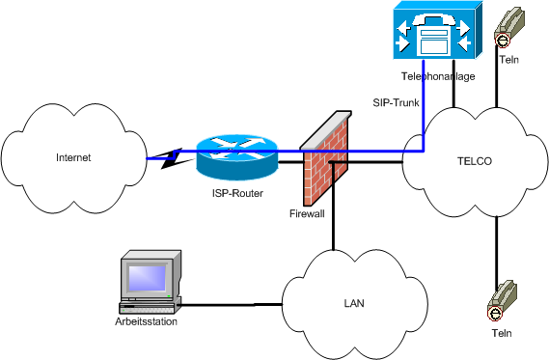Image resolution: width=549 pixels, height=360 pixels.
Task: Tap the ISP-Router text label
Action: point(235,193)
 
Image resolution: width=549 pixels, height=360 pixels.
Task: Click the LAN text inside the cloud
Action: point(354,303)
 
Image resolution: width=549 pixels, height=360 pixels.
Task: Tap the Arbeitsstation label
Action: point(145,321)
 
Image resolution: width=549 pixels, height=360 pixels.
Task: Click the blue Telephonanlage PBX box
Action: point(434,35)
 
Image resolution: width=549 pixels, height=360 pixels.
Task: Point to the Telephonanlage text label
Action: point(437,75)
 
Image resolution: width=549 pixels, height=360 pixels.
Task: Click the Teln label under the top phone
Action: point(509,60)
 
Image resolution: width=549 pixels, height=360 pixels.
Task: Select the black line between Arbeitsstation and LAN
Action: point(232,306)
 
